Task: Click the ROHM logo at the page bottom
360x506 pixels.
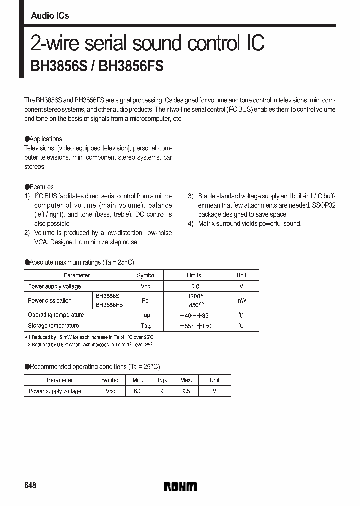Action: pyautogui.click(x=180, y=486)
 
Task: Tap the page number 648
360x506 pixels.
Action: pyautogui.click(x=30, y=486)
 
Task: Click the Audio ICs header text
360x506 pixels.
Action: pyautogui.click(x=50, y=16)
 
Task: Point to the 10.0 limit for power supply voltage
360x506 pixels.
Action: pyautogui.click(x=194, y=286)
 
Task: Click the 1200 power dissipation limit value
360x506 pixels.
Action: pyautogui.click(x=192, y=297)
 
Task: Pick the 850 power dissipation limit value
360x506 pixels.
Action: pyautogui.click(x=192, y=304)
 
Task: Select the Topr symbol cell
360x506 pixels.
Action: pyautogui.click(x=146, y=315)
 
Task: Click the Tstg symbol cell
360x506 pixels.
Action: pyautogui.click(x=146, y=326)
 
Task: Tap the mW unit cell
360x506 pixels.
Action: pyautogui.click(x=241, y=301)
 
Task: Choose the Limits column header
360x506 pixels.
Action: pyautogui.click(x=194, y=275)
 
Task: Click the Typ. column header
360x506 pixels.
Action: pyautogui.click(x=161, y=380)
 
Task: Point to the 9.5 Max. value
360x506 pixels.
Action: pyautogui.click(x=186, y=391)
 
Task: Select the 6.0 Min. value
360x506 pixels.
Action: pyautogui.click(x=138, y=391)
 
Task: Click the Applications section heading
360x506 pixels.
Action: pyautogui.click(x=45, y=139)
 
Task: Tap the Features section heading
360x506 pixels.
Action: pyautogui.click(x=41, y=187)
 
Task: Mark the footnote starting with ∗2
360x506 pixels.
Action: pyautogui.click(x=90, y=344)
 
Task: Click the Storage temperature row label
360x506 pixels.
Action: pyautogui.click(x=52, y=326)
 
